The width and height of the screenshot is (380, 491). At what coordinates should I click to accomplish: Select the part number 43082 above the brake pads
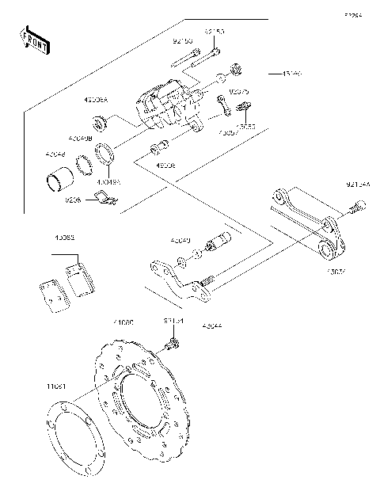coord(65,238)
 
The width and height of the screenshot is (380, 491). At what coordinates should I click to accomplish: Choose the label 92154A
coord(357,185)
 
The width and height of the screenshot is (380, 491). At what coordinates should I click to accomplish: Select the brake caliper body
coord(166,107)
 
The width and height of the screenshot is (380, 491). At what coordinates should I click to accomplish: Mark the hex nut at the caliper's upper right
coord(235,69)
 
